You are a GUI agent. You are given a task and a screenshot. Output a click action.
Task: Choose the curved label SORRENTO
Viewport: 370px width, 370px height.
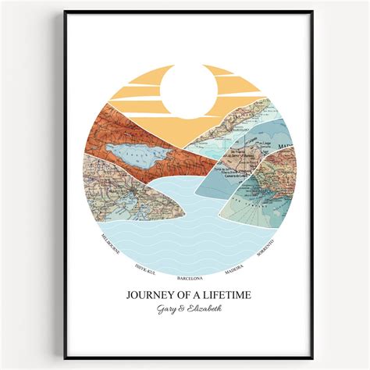pyautogui.click(x=266, y=243)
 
